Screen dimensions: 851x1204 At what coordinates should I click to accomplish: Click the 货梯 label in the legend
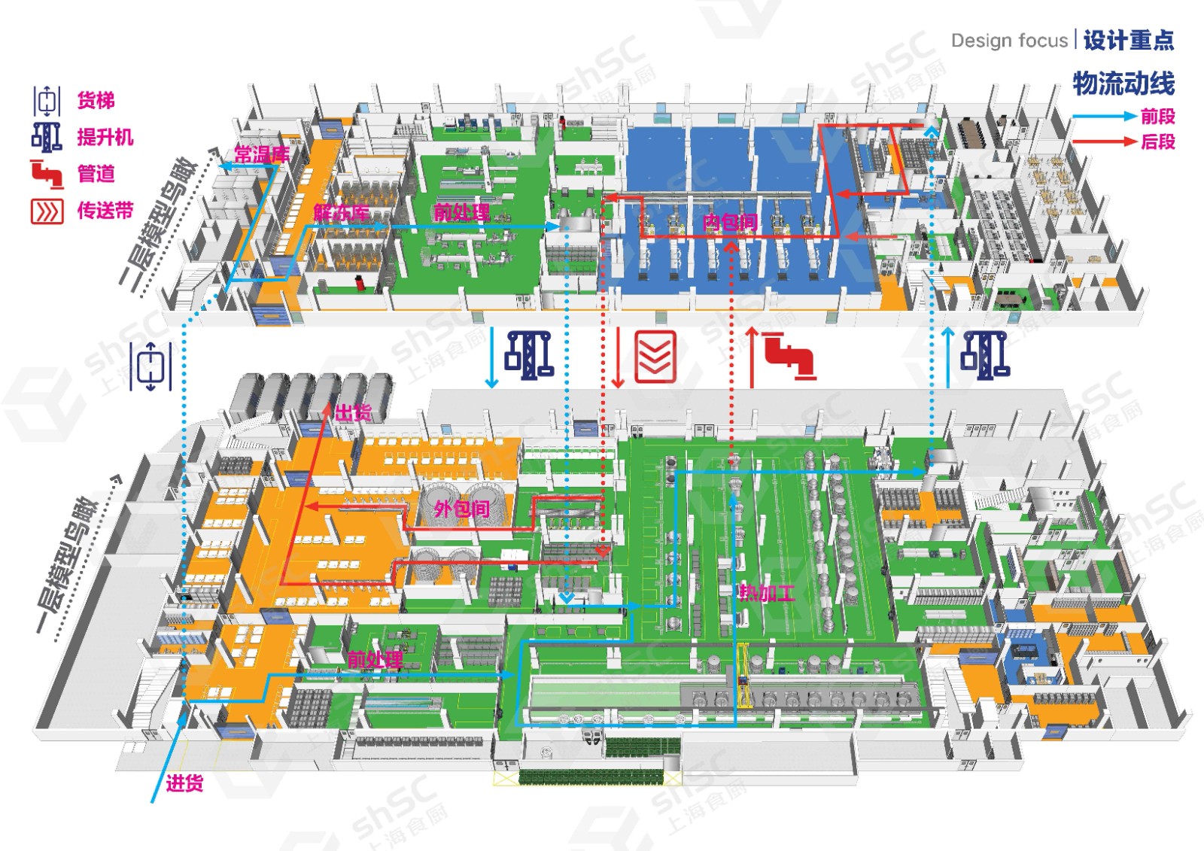[x=96, y=100]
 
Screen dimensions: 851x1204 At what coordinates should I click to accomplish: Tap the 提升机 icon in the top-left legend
[x=47, y=137]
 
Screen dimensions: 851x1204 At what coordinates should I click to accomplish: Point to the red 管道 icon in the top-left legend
[x=47, y=174]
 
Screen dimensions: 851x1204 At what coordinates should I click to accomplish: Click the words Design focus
[x=1009, y=41]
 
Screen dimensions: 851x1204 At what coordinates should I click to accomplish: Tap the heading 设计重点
[x=1128, y=41]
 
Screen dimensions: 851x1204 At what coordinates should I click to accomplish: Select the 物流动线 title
[x=1123, y=84]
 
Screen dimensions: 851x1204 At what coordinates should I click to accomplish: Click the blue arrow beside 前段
[x=1103, y=117]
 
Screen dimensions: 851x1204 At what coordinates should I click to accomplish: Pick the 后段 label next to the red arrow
[x=1157, y=141]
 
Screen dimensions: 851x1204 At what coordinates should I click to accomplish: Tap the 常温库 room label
[x=261, y=155]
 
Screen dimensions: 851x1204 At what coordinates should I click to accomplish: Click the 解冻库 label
[x=342, y=213]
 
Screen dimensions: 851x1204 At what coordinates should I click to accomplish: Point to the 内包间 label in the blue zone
[x=729, y=222]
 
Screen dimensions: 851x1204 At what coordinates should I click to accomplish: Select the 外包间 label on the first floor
[x=461, y=509]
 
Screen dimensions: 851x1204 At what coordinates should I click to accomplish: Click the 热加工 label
[x=766, y=593]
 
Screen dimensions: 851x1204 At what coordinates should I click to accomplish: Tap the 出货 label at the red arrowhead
[x=353, y=412]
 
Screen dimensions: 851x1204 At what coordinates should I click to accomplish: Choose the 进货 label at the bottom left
[x=184, y=783]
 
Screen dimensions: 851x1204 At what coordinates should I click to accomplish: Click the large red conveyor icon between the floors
[x=655, y=357]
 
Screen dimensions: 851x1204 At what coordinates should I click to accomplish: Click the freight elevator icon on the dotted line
[x=150, y=366]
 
